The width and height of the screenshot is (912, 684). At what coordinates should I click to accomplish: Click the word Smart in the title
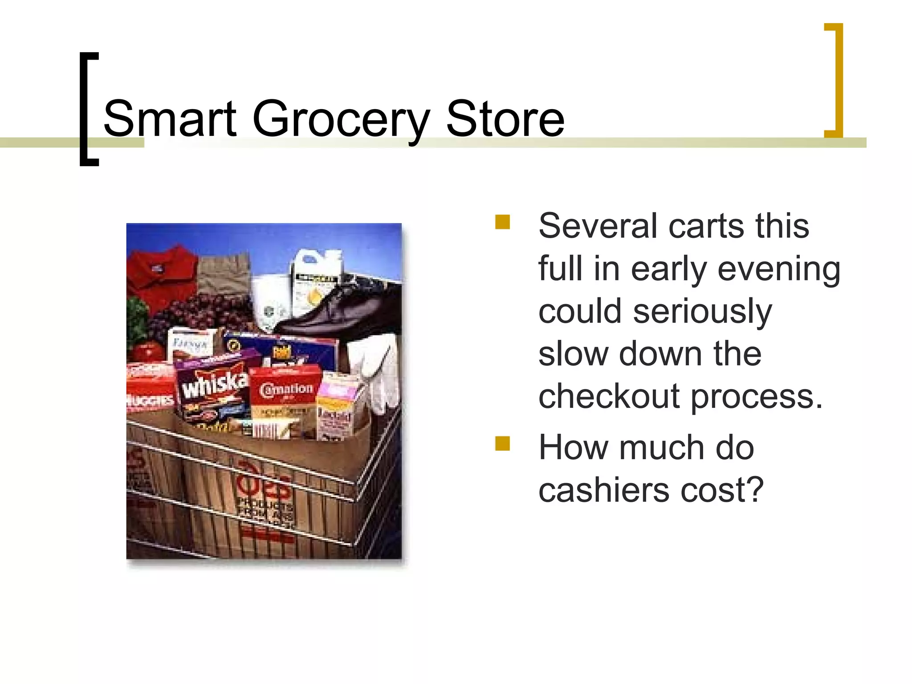169,119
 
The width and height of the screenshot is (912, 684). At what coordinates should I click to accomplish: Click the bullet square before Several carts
502,222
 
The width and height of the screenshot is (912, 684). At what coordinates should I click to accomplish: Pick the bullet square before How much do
502,444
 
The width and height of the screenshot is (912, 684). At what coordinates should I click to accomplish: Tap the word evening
779,269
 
